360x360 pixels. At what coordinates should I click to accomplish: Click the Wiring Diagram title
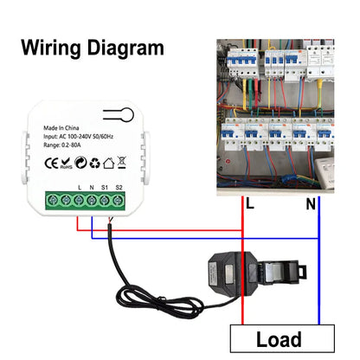point(92,48)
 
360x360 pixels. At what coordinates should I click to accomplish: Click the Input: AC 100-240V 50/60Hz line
point(85,136)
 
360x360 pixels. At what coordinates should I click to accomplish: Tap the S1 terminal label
point(106,187)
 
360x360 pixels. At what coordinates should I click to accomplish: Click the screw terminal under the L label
point(79,200)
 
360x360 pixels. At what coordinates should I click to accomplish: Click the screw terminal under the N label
point(91,200)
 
